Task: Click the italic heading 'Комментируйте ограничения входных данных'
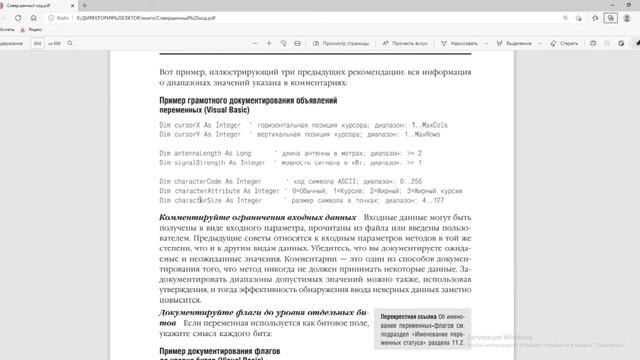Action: coord(244,217)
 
